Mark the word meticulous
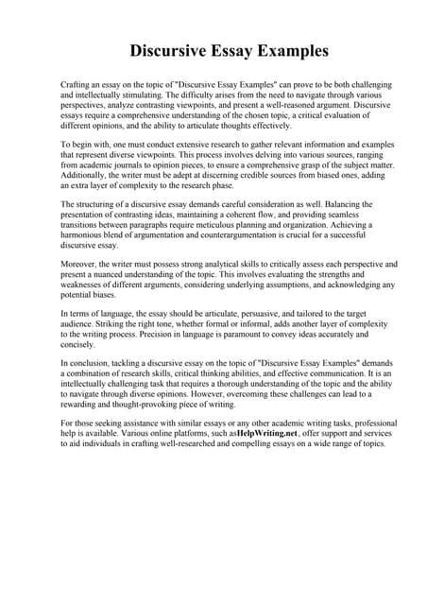(x=215, y=227)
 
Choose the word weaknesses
(x=93, y=286)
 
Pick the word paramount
(x=234, y=336)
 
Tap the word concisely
(x=78, y=346)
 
